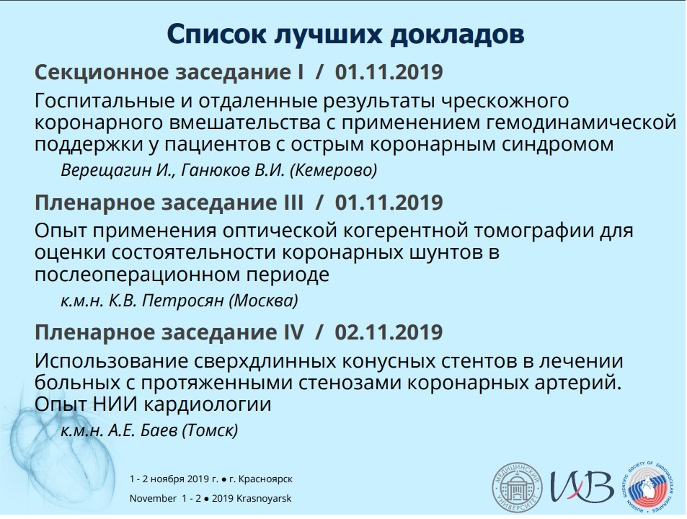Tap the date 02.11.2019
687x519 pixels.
click(x=389, y=332)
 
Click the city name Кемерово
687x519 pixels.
click(x=334, y=170)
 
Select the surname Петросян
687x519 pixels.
click(x=182, y=301)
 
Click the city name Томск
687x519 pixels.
click(x=210, y=430)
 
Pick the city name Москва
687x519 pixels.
click(x=263, y=301)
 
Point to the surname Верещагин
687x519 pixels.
click(x=106, y=170)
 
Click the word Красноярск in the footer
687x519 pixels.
click(x=265, y=479)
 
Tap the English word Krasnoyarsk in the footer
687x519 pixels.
click(x=264, y=498)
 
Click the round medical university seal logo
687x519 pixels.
click(x=517, y=487)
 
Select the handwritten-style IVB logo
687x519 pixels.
click(x=582, y=486)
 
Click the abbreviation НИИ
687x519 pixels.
click(x=115, y=404)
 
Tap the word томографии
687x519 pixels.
click(x=531, y=231)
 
